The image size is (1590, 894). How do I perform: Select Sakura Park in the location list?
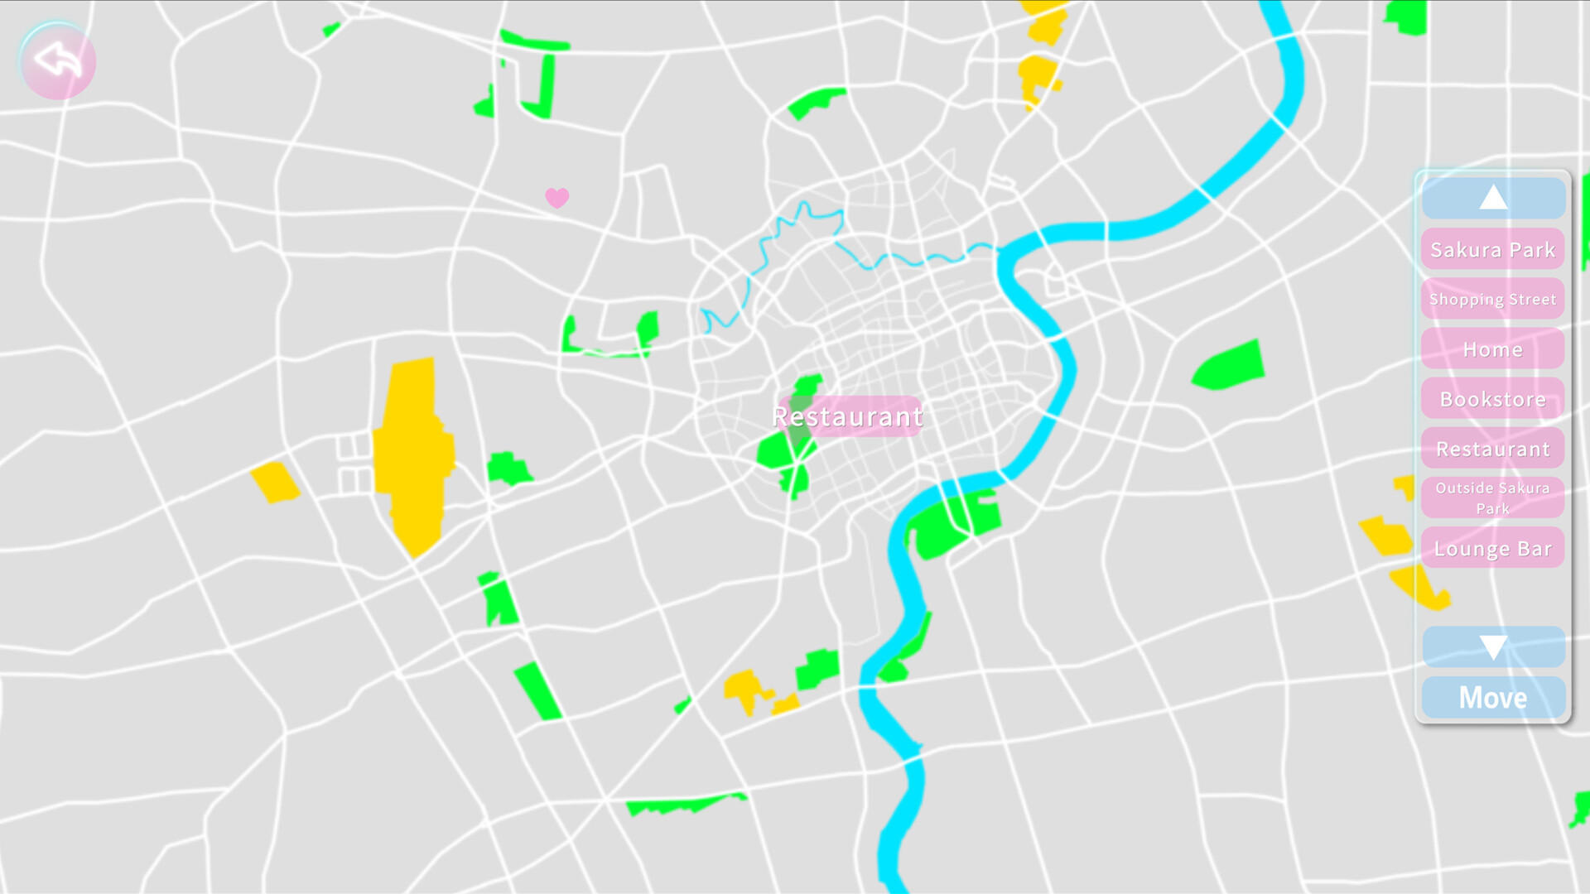click(1492, 250)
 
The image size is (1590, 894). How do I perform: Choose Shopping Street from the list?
click(1492, 300)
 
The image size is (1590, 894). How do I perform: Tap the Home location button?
click(1492, 349)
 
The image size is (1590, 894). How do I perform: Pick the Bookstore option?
click(1492, 399)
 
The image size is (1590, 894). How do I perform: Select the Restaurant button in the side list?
click(1492, 449)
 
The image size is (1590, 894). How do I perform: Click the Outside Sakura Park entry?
click(1492, 498)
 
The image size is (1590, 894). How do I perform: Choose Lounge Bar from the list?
click(1492, 549)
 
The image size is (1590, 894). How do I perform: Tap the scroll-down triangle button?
click(1493, 647)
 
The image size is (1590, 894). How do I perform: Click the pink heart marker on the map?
click(557, 198)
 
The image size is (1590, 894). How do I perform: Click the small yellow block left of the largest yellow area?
click(275, 482)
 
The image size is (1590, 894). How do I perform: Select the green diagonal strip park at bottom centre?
click(537, 690)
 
